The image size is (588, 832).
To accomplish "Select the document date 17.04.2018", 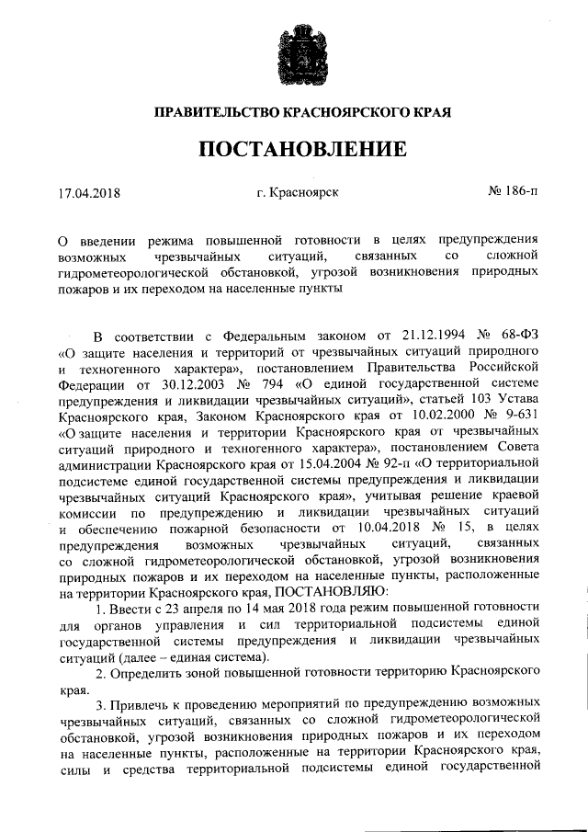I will click(89, 193).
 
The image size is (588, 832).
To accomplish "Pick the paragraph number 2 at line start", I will click(100, 665).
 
